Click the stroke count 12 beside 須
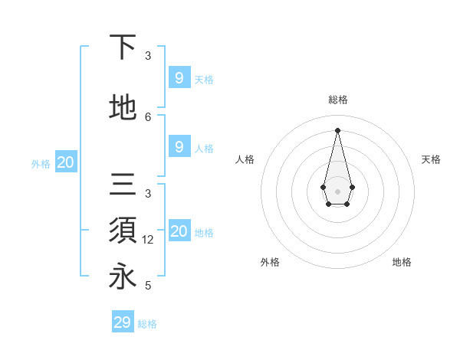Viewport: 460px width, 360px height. [x=149, y=240]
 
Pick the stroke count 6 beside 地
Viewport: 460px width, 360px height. [x=148, y=116]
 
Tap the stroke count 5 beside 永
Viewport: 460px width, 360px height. [x=148, y=286]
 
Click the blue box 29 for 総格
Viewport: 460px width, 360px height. [x=123, y=322]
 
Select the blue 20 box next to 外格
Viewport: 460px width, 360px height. [x=66, y=162]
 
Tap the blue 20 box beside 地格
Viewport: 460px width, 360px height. [x=179, y=231]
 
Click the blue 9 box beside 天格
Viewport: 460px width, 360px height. [x=179, y=77]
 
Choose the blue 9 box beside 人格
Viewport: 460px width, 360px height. [x=179, y=147]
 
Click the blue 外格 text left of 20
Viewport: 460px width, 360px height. [x=41, y=163]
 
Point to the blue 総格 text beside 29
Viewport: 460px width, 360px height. [x=147, y=324]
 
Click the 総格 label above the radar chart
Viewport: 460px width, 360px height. [x=337, y=100]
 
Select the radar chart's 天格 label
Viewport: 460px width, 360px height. [x=431, y=159]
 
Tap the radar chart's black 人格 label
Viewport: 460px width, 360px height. [x=245, y=159]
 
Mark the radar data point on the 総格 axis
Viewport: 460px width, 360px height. [x=337, y=129]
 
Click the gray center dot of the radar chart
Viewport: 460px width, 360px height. [x=337, y=191]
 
